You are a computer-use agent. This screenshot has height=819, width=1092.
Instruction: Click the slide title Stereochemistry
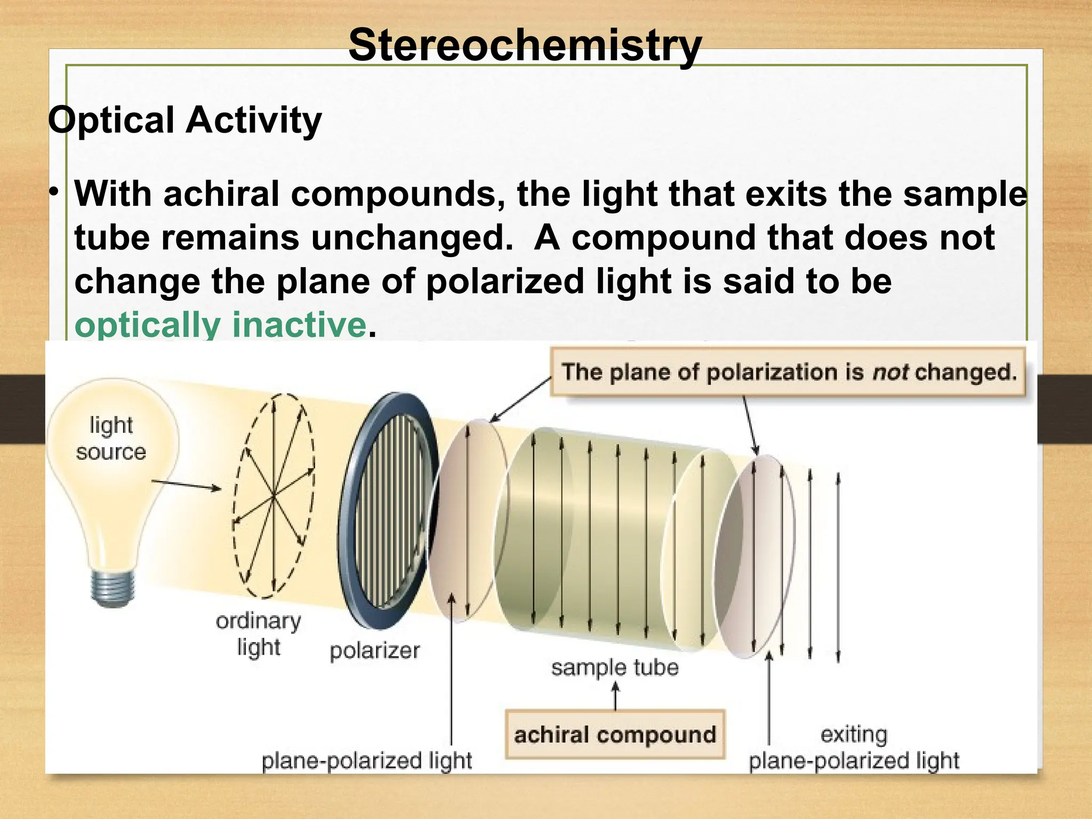pyautogui.click(x=525, y=45)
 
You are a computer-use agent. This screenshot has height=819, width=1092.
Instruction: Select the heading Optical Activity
pyautogui.click(x=184, y=120)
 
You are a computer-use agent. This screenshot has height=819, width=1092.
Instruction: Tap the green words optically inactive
pyautogui.click(x=220, y=324)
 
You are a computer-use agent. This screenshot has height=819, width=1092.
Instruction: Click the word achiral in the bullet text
pyautogui.click(x=221, y=194)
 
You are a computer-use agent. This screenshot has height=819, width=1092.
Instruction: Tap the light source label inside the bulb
pyautogui.click(x=111, y=438)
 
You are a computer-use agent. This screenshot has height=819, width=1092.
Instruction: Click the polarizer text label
pyautogui.click(x=374, y=651)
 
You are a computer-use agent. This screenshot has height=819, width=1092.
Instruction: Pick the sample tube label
pyautogui.click(x=614, y=668)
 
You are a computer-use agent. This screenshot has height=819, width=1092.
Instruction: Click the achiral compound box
pyautogui.click(x=615, y=734)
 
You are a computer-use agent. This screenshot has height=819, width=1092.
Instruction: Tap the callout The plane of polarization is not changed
pyautogui.click(x=788, y=372)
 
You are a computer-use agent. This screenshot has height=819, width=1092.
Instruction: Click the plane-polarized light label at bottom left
pyautogui.click(x=367, y=760)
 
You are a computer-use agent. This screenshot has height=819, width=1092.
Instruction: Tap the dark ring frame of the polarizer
pyautogui.click(x=347, y=560)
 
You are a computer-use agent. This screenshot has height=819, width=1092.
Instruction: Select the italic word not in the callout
pyautogui.click(x=890, y=372)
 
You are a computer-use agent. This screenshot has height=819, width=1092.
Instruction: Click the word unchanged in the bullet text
pyautogui.click(x=411, y=238)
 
